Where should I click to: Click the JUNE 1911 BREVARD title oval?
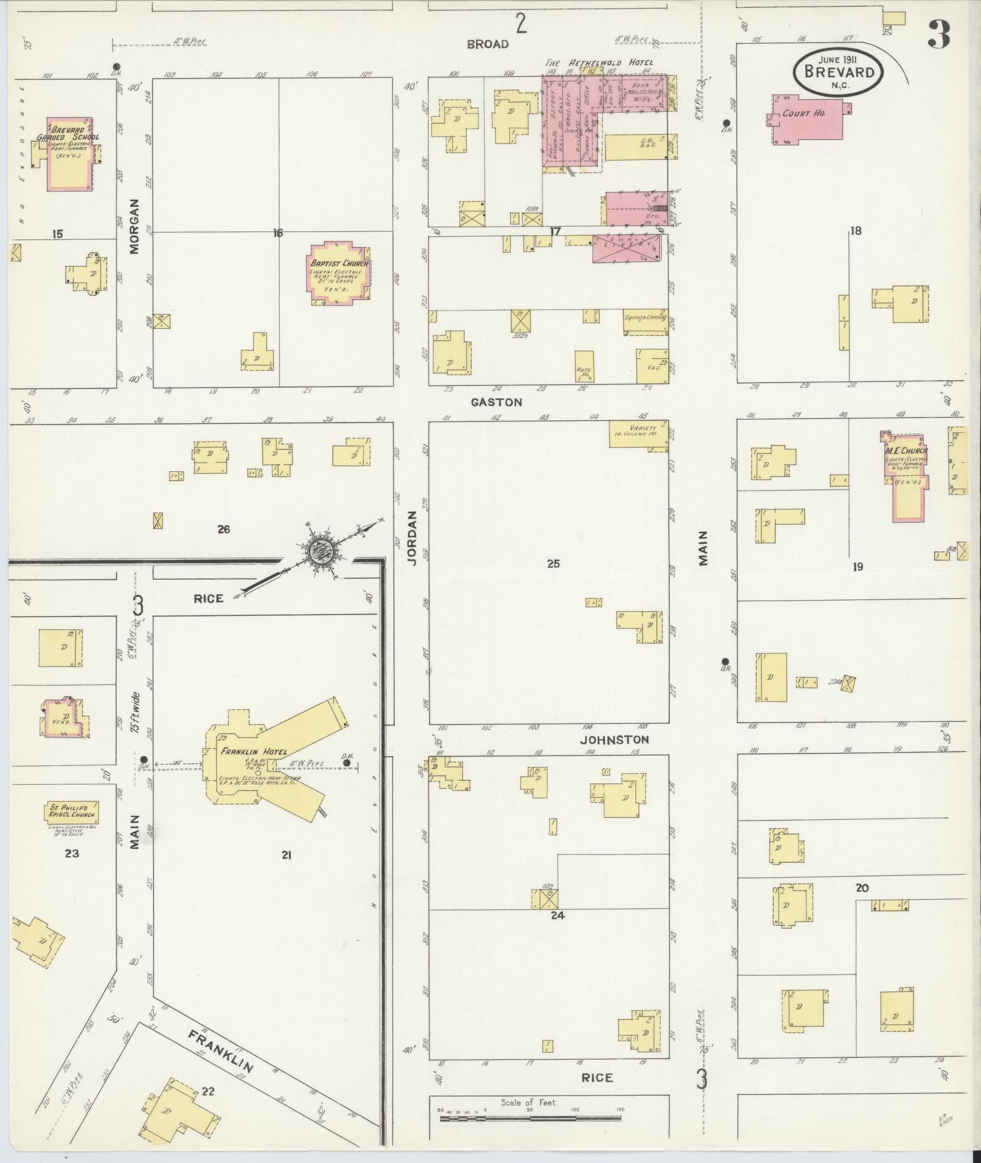(839, 71)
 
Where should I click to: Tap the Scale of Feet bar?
(530, 1117)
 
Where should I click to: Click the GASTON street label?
(496, 402)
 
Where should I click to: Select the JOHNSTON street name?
(614, 740)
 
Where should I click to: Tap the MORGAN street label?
(134, 226)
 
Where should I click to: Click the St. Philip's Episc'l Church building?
(72, 812)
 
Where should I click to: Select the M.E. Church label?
(906, 451)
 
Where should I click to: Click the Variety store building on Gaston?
(639, 434)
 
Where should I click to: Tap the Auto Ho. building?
(584, 366)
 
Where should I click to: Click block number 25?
(553, 564)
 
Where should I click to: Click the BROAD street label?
(488, 44)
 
